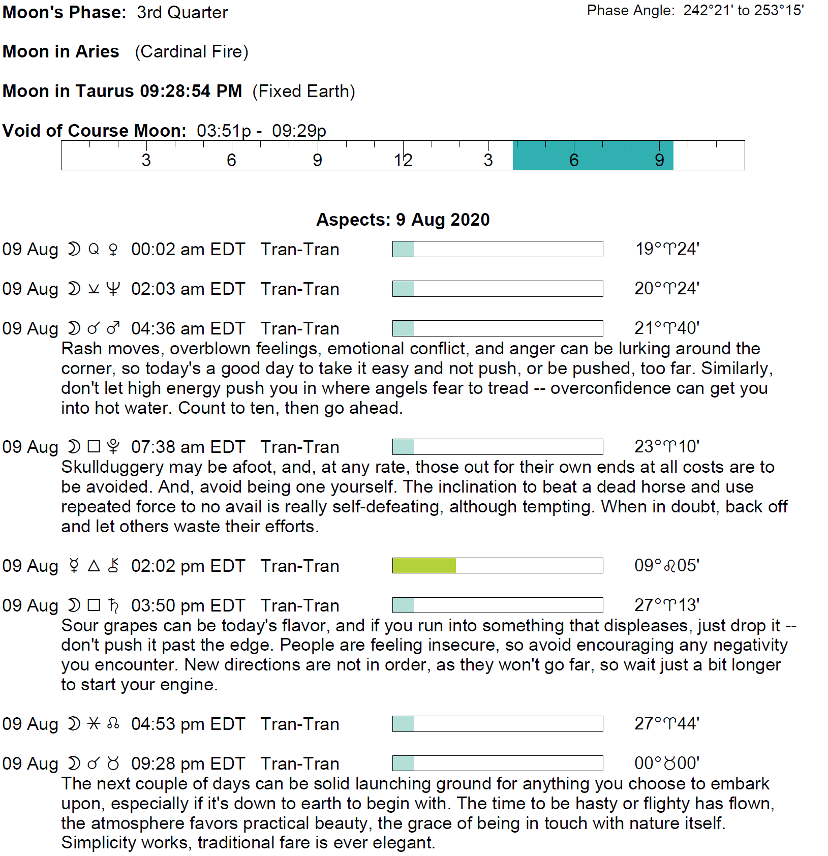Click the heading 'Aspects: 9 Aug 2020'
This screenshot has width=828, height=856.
coord(403,220)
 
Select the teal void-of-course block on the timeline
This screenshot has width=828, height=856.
coord(593,155)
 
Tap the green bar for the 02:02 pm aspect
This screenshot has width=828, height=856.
coord(424,565)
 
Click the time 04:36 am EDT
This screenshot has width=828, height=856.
coord(188,328)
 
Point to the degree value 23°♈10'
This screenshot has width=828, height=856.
coord(666,447)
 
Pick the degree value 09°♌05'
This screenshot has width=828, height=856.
coord(666,565)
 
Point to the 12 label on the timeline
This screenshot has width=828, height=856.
coord(403,160)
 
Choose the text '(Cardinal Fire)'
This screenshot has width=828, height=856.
coord(191,52)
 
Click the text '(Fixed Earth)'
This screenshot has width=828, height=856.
coord(303,91)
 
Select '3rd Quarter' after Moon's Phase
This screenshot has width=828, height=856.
coord(182,12)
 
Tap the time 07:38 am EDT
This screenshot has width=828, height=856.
coord(188,447)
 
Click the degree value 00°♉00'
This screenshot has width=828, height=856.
coord(666,763)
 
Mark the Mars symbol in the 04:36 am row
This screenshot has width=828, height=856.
coord(113,328)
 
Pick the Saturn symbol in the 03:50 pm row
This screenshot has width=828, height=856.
coord(113,605)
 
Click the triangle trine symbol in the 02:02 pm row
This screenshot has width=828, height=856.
coord(94,566)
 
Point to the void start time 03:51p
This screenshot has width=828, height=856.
coord(224,131)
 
